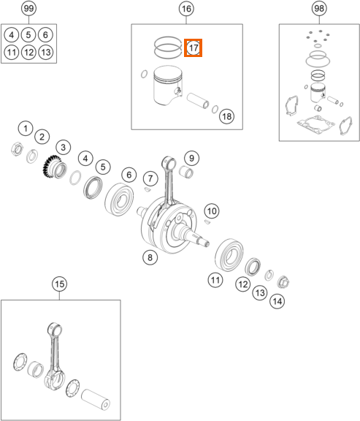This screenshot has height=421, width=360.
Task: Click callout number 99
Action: [28, 8]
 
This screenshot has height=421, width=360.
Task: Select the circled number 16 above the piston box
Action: [186, 9]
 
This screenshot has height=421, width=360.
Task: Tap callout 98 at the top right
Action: [319, 8]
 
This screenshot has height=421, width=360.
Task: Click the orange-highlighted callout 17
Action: [194, 48]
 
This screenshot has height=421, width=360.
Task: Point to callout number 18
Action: [226, 116]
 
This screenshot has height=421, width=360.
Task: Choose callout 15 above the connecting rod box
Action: [59, 284]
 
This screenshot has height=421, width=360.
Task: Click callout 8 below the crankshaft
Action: [150, 257]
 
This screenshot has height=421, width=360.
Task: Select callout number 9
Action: [191, 158]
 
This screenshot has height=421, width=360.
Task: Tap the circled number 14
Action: [277, 301]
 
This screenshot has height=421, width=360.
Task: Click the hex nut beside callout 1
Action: [17, 149]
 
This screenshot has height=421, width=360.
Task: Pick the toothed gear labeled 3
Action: [55, 167]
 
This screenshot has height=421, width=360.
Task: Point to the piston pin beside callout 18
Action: [198, 101]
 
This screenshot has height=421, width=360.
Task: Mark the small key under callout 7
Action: [147, 189]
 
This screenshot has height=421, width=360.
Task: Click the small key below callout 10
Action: [207, 221]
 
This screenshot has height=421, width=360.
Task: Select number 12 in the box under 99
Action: [28, 52]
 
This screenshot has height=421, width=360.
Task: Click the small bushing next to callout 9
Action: [186, 172]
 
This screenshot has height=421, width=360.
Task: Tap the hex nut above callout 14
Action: [283, 282]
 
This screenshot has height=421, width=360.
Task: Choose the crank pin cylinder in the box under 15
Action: [95, 400]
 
